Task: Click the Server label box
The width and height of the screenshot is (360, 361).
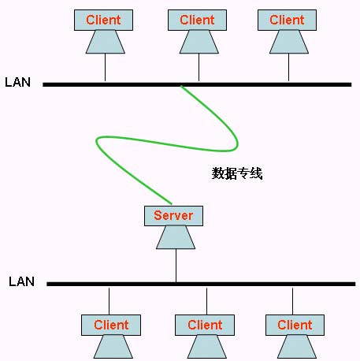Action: (173, 215)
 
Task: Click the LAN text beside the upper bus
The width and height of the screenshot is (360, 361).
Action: (17, 82)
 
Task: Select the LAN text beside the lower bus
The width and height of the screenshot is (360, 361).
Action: (21, 281)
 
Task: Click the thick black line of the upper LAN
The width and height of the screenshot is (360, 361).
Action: (276, 84)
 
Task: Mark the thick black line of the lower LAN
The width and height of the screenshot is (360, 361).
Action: (276, 283)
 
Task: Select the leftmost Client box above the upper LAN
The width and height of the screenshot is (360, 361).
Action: (104, 20)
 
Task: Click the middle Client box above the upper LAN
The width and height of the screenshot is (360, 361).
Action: (197, 20)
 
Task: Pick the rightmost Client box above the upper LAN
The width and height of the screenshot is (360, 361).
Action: (287, 20)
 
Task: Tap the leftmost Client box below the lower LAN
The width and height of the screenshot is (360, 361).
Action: (111, 325)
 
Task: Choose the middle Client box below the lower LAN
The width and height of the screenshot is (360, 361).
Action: (205, 325)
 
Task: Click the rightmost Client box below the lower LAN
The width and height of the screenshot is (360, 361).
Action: (295, 325)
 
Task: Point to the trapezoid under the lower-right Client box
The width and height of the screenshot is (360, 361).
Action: (295, 346)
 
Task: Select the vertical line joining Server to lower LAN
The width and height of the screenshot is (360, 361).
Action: (176, 266)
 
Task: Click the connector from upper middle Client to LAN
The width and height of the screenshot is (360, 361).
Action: (199, 69)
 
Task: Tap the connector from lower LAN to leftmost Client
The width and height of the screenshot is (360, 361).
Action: (109, 300)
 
